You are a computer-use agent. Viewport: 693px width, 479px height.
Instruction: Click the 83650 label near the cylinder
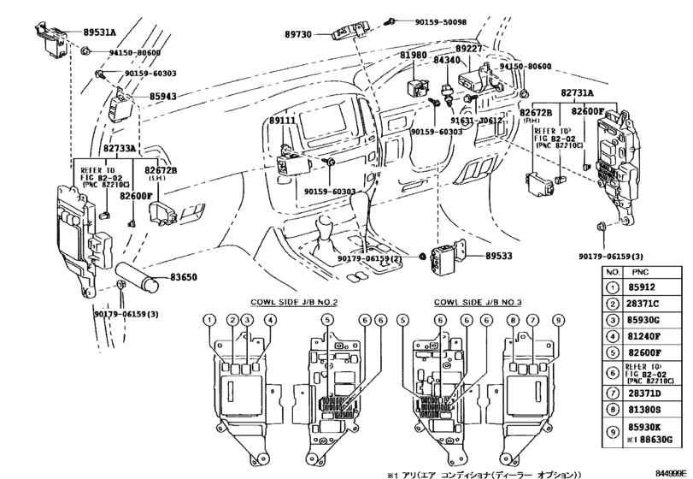(183, 277)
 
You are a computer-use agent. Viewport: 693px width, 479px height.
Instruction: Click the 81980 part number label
(414, 56)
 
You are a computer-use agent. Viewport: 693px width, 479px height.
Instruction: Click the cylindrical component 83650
(138, 281)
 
